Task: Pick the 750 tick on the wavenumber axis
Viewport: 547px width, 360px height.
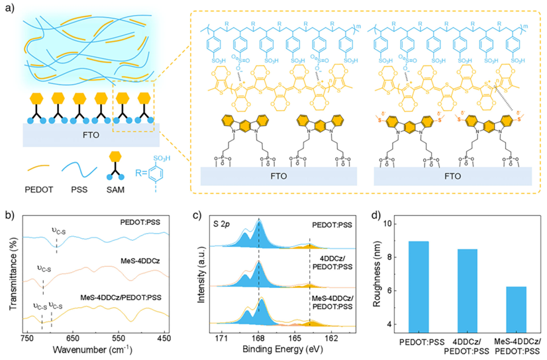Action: (x=27, y=337)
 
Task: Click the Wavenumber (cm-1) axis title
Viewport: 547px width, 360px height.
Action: (x=95, y=349)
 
